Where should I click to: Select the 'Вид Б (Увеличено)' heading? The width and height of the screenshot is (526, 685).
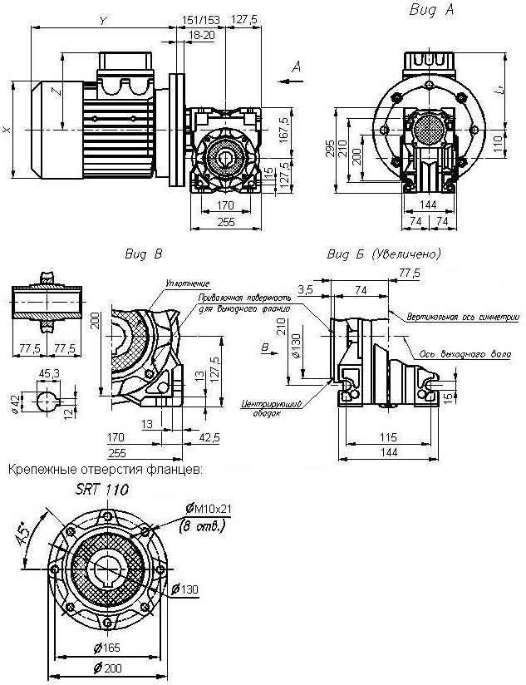(384, 254)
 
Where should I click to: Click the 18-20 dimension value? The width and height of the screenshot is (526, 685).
(201, 35)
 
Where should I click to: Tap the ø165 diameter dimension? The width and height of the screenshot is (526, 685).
(106, 647)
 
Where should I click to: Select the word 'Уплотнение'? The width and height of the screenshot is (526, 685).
(187, 283)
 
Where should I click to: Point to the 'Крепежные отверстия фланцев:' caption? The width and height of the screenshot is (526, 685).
(105, 471)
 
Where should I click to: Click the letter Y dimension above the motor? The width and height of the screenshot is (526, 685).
(101, 19)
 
